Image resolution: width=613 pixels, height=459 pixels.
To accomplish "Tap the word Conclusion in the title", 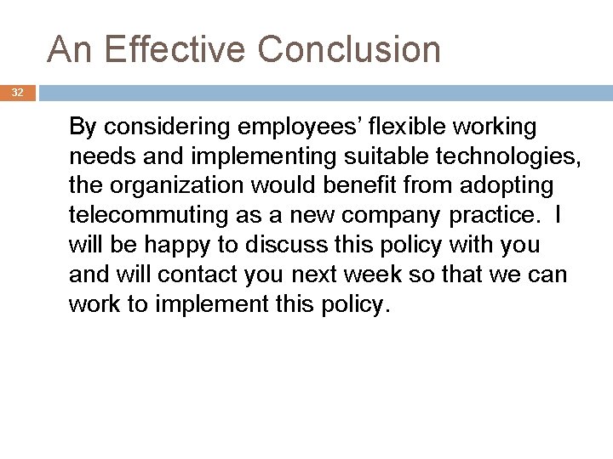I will coord(349,49).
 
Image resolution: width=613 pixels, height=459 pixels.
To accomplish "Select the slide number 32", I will coord(18,93).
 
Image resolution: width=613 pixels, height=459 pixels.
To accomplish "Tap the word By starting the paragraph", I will coord(83,127).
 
